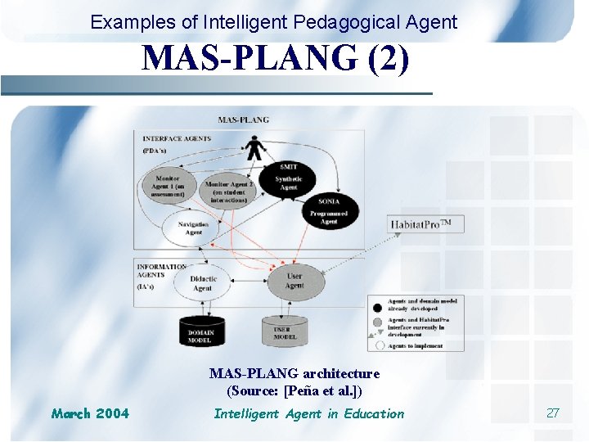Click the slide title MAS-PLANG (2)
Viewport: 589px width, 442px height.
coord(276,59)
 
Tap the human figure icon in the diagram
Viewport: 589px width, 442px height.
coord(255,148)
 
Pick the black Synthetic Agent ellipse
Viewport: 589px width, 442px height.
coord(288,179)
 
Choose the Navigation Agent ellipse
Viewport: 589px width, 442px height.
coord(193,228)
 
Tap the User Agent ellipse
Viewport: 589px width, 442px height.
coord(294,280)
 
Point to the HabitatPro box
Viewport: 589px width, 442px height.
coord(425,223)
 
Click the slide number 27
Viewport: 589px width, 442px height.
coord(552,413)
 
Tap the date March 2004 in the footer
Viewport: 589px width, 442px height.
coord(90,413)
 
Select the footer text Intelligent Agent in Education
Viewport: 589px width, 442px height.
coord(308,413)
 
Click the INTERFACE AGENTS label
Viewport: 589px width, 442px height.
coord(177,138)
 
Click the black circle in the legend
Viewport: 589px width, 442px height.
coord(376,306)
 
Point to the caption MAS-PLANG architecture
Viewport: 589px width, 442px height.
coord(294,373)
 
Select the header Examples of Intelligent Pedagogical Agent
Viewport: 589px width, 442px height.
coord(274,22)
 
